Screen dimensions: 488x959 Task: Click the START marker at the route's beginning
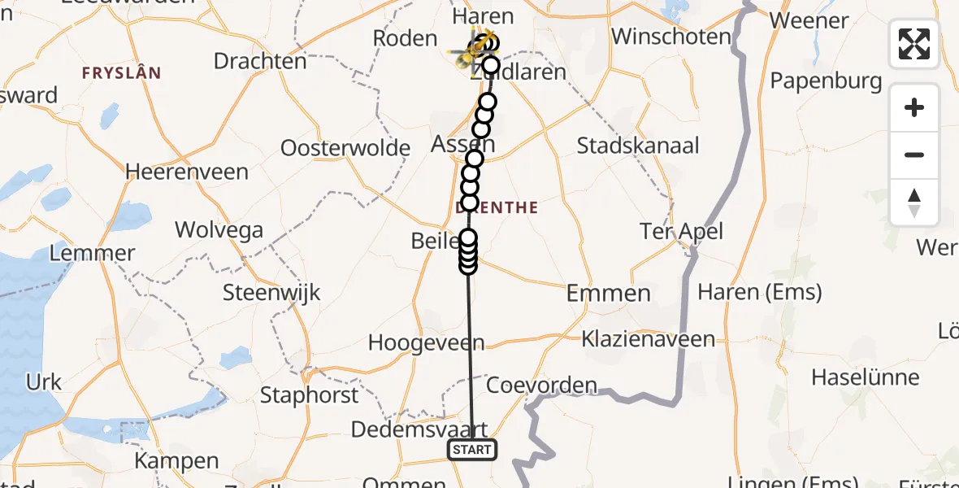pyautogui.click(x=471, y=450)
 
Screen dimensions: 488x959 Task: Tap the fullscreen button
pyautogui.click(x=914, y=44)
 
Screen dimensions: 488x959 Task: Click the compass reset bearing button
pyautogui.click(x=914, y=203)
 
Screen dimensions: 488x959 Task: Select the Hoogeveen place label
pyautogui.click(x=426, y=343)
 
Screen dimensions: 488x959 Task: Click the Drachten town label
pyautogui.click(x=260, y=61)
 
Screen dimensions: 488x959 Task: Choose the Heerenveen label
pyautogui.click(x=187, y=172)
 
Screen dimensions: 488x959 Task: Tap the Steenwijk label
pyautogui.click(x=272, y=293)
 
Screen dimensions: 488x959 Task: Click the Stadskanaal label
pyautogui.click(x=638, y=146)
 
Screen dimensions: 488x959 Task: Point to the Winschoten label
pyautogui.click(x=671, y=37)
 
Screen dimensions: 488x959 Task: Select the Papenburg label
pyautogui.click(x=826, y=81)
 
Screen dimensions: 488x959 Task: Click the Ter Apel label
pyautogui.click(x=681, y=231)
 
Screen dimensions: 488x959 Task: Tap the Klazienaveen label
pyautogui.click(x=649, y=338)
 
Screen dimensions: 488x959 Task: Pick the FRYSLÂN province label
pyautogui.click(x=121, y=73)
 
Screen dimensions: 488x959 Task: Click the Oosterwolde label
pyautogui.click(x=345, y=148)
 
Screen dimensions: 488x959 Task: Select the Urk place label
pyautogui.click(x=44, y=381)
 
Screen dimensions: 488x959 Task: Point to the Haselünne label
pyautogui.click(x=866, y=377)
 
